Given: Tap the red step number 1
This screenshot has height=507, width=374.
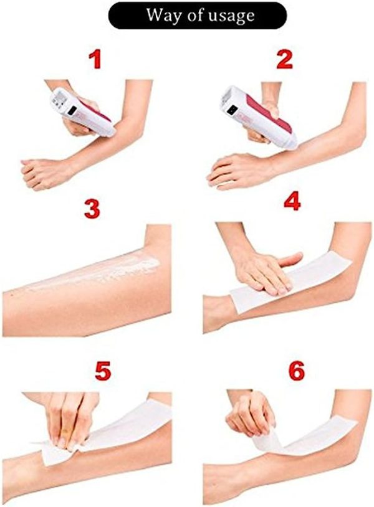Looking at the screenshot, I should (95, 60).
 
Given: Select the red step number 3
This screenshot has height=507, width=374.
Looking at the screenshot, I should (92, 209).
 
